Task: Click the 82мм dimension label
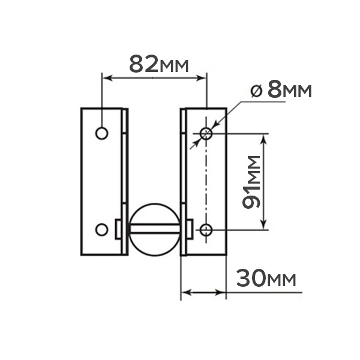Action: pos(159,64)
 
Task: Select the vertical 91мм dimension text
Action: pos(251,182)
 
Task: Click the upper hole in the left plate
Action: pos(102,133)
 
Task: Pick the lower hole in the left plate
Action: pos(102,230)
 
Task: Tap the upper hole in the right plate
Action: pos(206,133)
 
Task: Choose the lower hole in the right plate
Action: pos(206,230)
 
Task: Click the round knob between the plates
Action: pos(155,230)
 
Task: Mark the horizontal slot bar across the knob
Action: pos(155,229)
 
